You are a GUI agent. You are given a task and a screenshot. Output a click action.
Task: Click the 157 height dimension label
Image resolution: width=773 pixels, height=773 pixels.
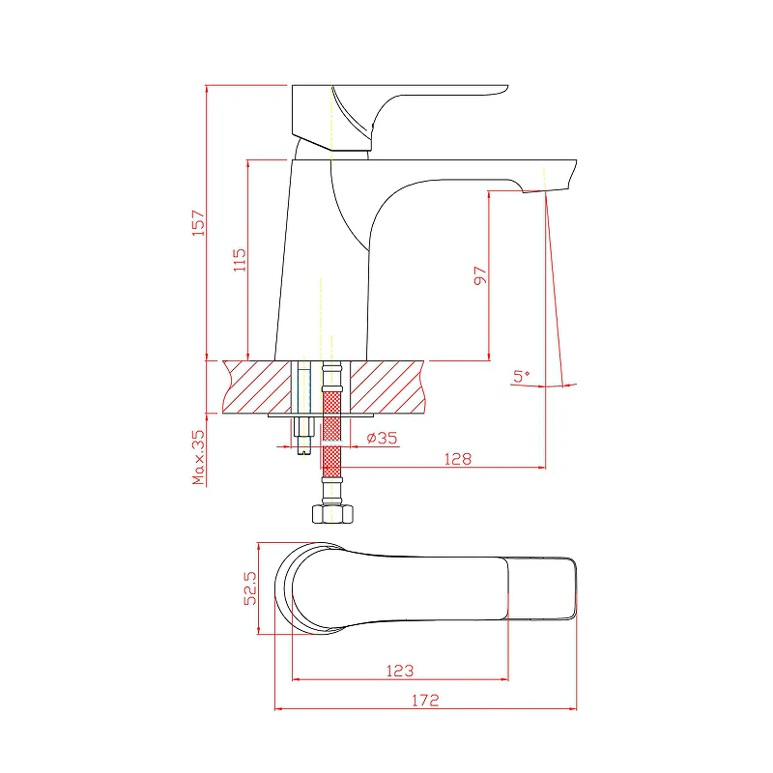(198, 223)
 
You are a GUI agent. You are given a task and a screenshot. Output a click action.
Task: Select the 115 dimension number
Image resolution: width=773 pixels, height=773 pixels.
(240, 260)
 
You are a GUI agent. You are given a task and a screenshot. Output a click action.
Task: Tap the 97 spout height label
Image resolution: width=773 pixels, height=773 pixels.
(480, 275)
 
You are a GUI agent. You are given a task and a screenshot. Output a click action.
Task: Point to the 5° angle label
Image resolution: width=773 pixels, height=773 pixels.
(521, 376)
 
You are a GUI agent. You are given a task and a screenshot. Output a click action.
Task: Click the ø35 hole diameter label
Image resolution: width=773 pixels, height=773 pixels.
(382, 438)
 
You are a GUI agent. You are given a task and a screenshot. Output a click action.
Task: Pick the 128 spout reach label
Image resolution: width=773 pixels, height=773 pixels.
(458, 459)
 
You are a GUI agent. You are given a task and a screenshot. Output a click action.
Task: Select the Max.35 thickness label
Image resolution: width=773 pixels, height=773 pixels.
(198, 457)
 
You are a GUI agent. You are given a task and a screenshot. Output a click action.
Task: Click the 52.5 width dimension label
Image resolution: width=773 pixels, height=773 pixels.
(250, 588)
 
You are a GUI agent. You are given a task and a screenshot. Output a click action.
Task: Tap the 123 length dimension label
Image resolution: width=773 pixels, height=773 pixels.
(400, 671)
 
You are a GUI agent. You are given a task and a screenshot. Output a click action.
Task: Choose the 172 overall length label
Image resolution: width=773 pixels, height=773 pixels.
(425, 700)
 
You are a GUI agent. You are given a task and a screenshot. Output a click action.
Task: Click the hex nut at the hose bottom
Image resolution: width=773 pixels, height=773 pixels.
(332, 514)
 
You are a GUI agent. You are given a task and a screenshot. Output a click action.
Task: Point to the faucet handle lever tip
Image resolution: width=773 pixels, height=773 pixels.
(505, 89)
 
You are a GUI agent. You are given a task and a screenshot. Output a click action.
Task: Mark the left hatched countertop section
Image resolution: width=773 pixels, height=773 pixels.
(257, 387)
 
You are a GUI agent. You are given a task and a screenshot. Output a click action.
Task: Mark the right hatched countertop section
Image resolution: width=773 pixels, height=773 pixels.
(387, 387)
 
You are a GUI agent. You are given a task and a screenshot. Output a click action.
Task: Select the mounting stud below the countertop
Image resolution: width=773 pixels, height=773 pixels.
(303, 435)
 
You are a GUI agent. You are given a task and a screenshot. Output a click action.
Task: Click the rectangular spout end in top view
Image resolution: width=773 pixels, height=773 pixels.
(542, 588)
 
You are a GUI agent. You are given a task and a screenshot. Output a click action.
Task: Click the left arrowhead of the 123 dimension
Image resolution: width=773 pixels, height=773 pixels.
(297, 679)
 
